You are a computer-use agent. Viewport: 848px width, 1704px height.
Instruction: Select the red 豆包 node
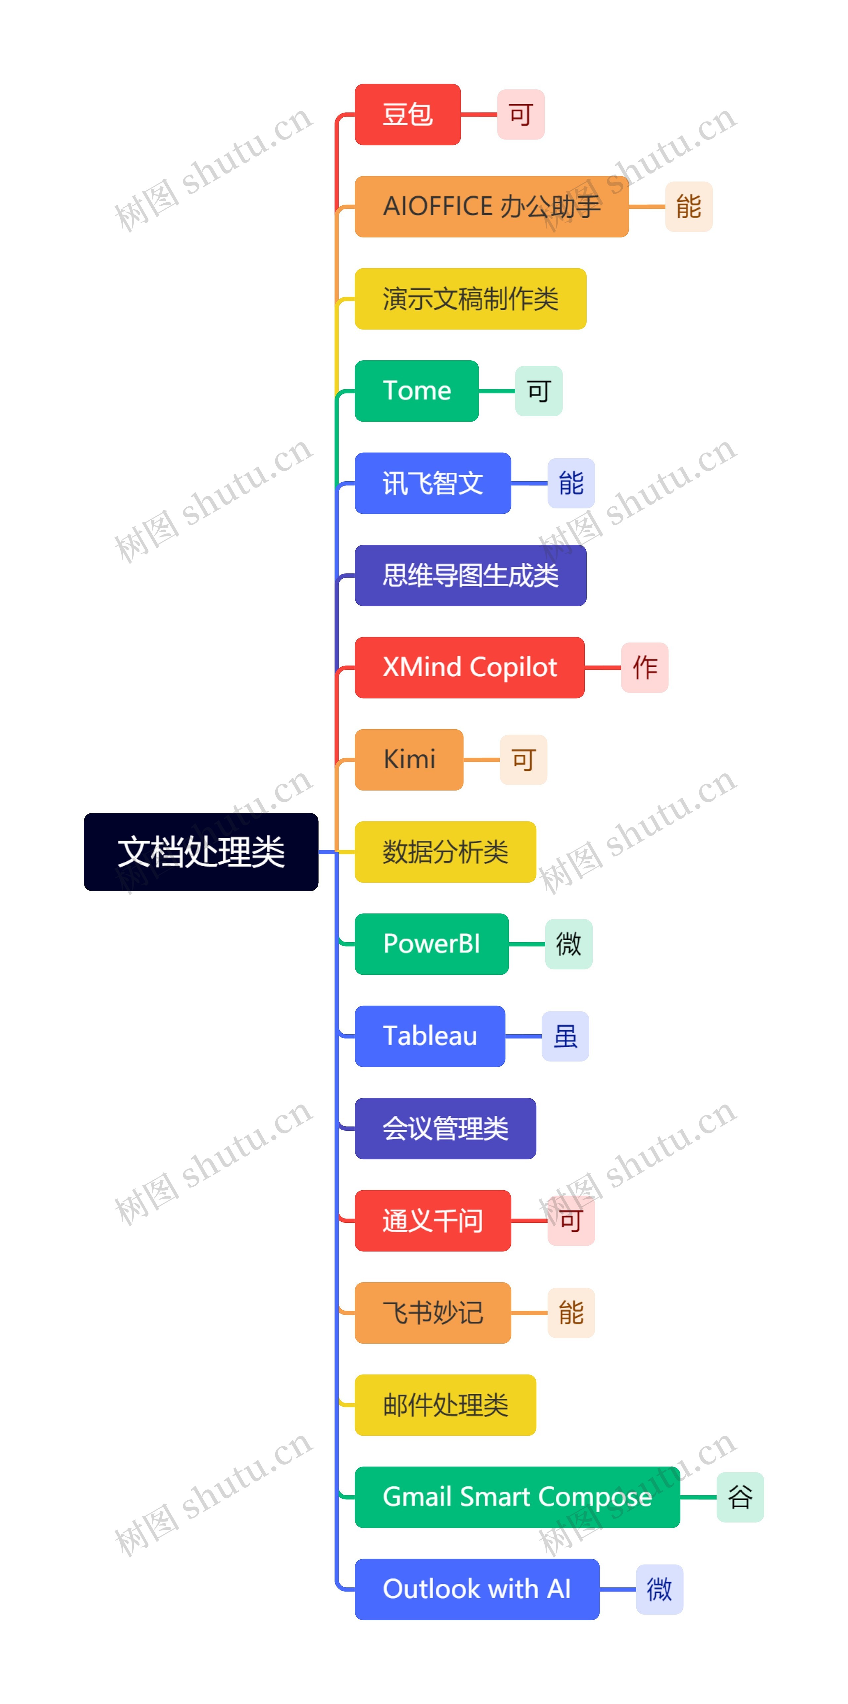click(407, 115)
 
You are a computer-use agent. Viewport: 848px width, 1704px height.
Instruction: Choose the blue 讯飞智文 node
click(433, 483)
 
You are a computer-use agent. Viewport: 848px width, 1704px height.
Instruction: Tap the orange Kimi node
click(409, 759)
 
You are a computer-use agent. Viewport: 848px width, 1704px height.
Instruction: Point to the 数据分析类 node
click(445, 852)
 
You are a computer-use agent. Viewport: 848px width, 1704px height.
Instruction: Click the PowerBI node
click(431, 944)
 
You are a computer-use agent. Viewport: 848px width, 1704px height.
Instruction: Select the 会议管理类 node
click(445, 1128)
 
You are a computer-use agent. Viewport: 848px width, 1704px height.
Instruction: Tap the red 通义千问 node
click(433, 1220)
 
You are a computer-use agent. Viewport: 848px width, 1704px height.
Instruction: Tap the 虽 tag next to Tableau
click(565, 1036)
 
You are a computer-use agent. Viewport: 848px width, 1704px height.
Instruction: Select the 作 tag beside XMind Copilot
click(644, 667)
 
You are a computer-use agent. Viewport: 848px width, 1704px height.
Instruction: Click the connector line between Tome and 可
click(497, 391)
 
